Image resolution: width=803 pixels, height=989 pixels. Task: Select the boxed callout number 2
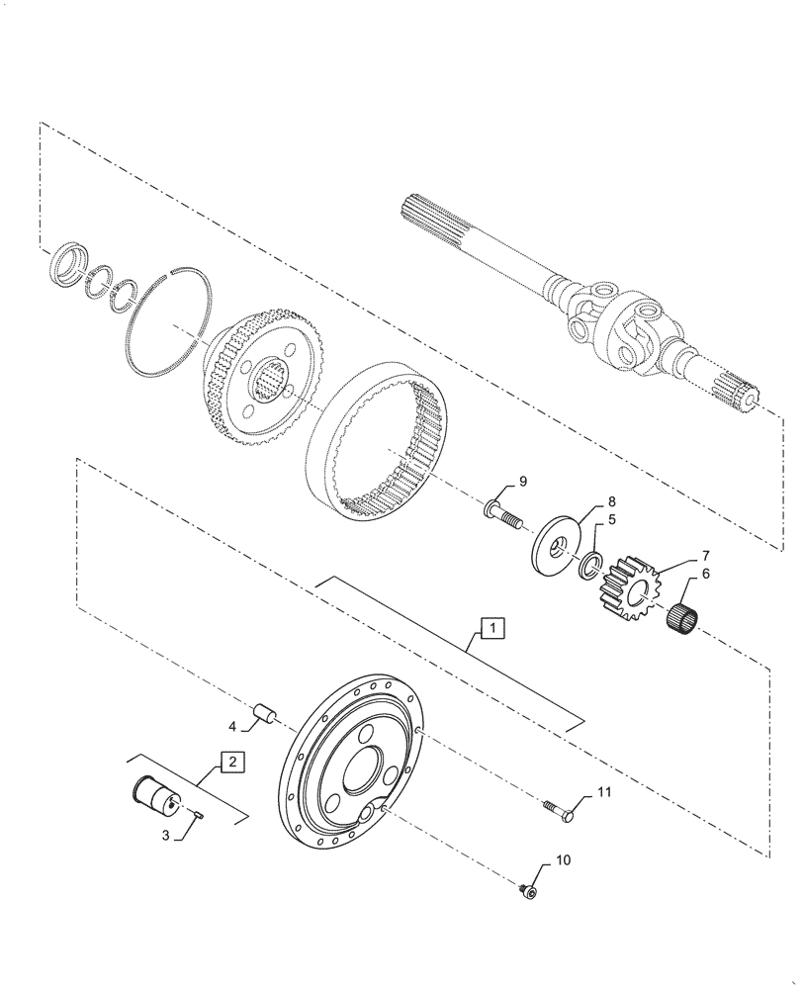coord(229,762)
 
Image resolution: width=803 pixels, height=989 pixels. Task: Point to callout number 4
coord(232,727)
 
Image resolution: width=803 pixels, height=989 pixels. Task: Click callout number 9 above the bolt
coord(523,482)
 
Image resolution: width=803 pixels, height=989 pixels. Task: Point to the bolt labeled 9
coord(504,515)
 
